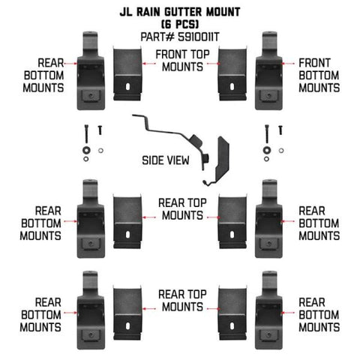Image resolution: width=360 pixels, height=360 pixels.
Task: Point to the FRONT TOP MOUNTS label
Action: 179,61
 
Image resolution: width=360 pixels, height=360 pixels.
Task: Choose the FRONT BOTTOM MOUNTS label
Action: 319,75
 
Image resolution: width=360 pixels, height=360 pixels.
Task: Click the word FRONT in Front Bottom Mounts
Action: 319,63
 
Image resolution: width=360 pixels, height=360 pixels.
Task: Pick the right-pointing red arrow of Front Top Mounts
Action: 212,64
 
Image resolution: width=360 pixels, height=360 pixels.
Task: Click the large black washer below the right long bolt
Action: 265,158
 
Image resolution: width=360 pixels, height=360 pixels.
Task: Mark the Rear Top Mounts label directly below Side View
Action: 179,209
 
